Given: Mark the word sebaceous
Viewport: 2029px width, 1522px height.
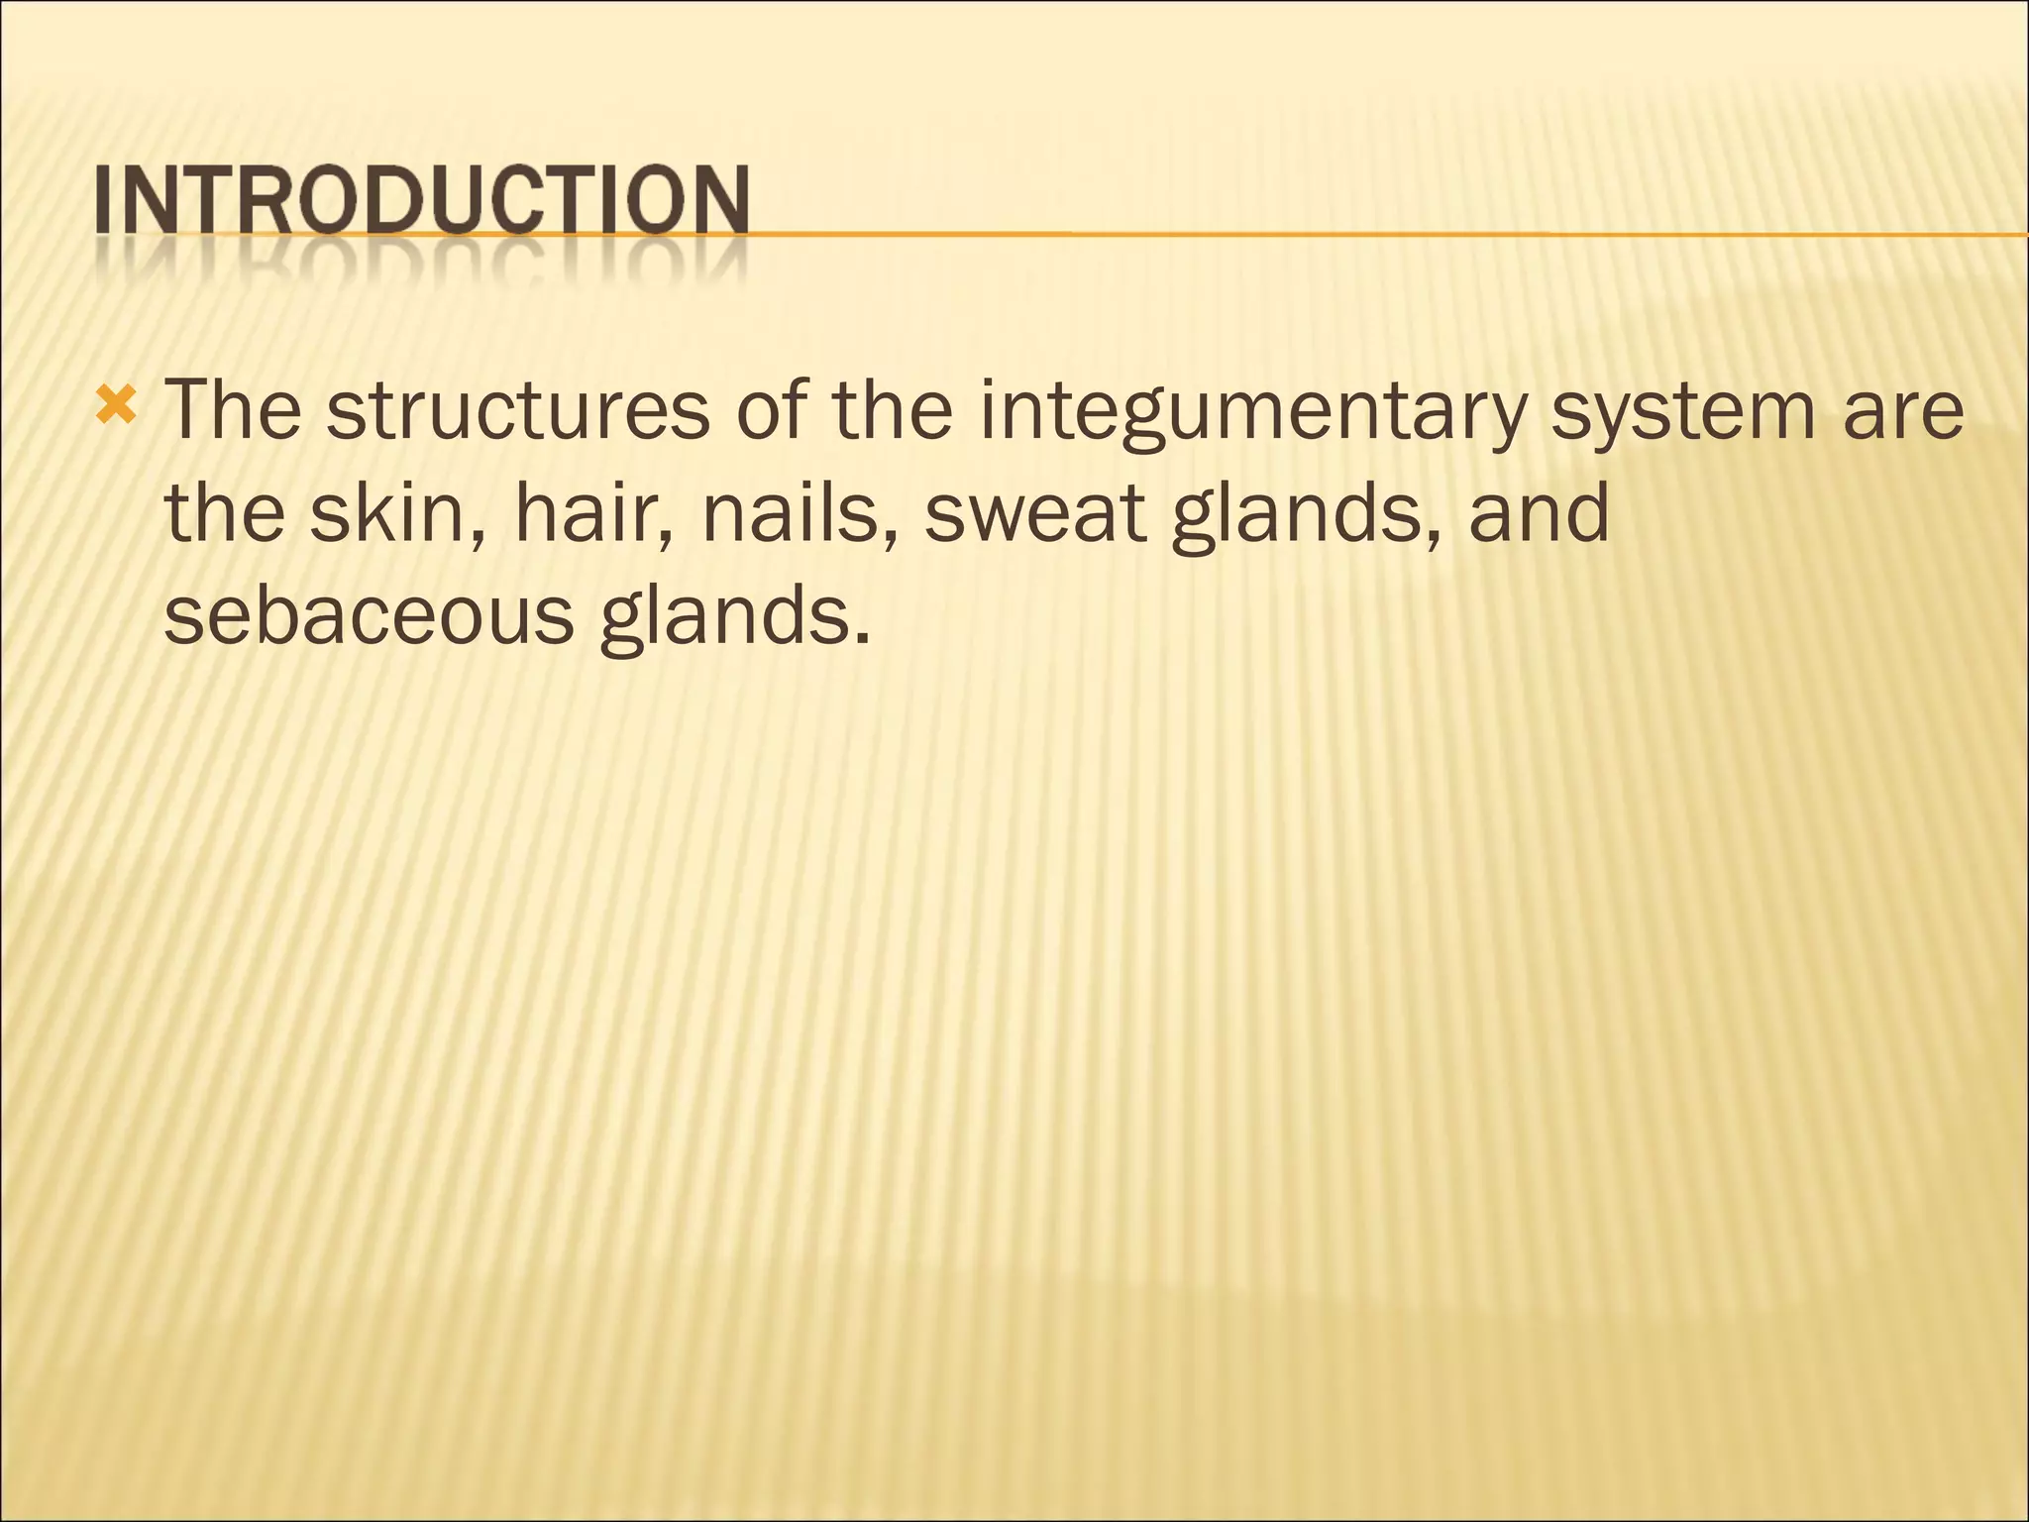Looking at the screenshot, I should [369, 616].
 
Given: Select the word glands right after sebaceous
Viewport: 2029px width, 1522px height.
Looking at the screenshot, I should [723, 618].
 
